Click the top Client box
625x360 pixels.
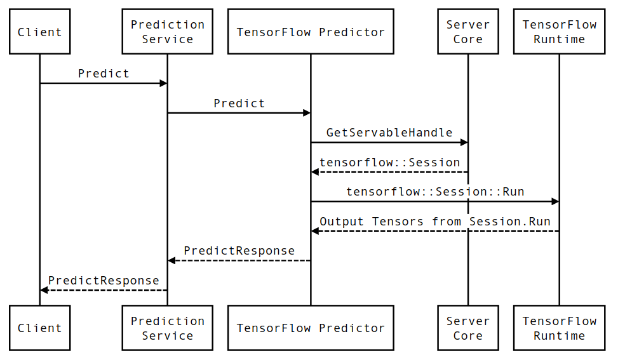[x=39, y=32]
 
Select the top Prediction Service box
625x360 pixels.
[x=168, y=32]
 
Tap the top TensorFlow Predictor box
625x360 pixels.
[x=311, y=32]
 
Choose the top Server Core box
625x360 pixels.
[x=467, y=32]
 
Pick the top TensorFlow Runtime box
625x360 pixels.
[x=559, y=32]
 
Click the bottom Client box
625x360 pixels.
[x=39, y=328]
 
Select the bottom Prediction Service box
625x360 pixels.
[x=168, y=328]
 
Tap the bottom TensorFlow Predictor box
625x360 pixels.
[x=311, y=328]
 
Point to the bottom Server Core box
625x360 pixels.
[x=467, y=328]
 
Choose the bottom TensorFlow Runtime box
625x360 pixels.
[x=559, y=328]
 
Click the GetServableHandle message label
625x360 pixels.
[x=389, y=133]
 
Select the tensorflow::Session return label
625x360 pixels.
[x=389, y=162]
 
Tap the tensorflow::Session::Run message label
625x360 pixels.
[x=435, y=191]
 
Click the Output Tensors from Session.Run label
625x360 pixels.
[x=435, y=221]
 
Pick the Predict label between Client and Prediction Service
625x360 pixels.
[x=104, y=74]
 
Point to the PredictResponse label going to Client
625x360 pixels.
[x=104, y=280]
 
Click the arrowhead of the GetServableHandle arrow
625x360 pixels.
[x=464, y=143]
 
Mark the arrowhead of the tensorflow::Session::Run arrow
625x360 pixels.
[x=555, y=202]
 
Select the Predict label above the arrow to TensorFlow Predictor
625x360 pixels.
[x=239, y=103]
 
